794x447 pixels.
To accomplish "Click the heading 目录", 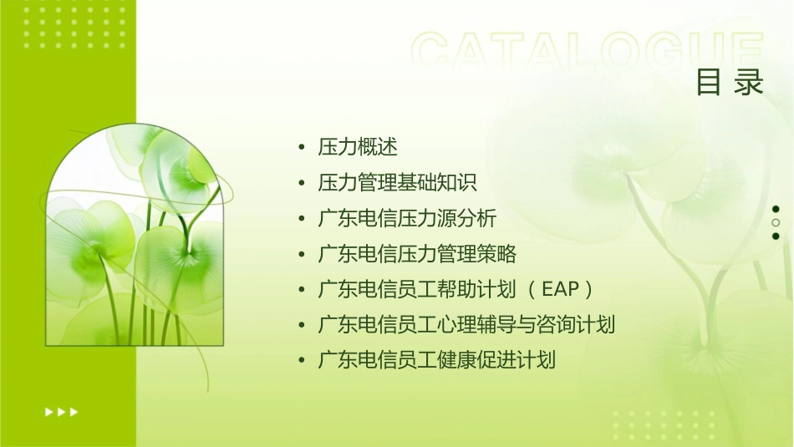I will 730,83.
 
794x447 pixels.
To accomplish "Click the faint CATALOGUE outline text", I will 588,52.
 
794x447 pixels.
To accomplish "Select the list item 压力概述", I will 358,148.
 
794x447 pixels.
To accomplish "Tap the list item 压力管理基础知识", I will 397,183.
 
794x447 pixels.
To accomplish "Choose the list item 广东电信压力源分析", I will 407,219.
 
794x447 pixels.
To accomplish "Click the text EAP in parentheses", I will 560,290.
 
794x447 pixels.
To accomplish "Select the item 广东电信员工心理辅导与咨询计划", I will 466,325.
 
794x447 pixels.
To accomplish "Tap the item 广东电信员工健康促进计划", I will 436,360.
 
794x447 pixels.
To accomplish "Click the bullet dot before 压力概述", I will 301,148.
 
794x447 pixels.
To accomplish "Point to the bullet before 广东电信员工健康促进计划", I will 301,361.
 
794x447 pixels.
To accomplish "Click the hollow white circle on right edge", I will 776,222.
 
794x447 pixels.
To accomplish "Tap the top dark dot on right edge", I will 776,209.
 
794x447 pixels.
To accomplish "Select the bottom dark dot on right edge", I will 776,236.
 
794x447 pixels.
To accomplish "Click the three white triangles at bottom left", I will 62,411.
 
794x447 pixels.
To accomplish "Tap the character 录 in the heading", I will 749,83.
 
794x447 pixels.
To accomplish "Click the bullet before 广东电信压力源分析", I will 301,219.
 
